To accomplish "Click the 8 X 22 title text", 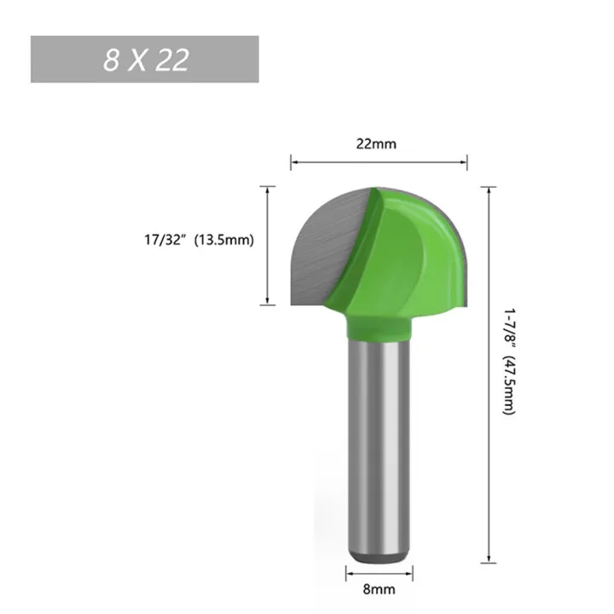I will click(x=145, y=60).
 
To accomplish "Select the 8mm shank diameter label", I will click(x=378, y=588).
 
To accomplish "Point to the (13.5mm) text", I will click(x=225, y=240).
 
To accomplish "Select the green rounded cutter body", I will click(x=418, y=256).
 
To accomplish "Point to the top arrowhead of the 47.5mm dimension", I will click(x=489, y=189).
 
